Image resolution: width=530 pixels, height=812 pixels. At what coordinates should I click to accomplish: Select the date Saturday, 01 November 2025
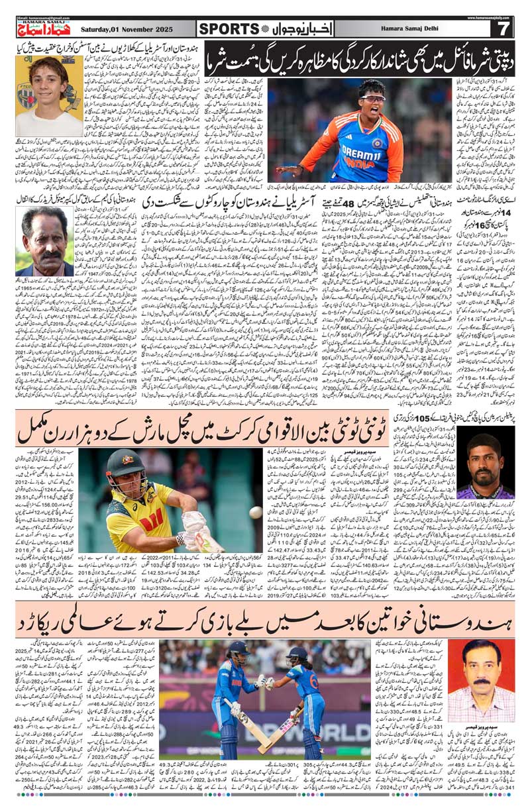128,29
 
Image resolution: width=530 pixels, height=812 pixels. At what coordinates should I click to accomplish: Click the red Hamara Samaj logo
41,28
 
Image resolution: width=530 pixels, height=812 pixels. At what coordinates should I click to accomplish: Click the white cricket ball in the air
256,512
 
